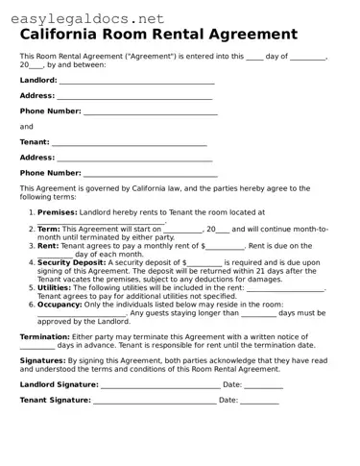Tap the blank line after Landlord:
[135, 81]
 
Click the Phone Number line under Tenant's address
[150, 173]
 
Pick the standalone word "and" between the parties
[26, 127]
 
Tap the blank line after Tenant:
[130, 142]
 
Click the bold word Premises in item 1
[57, 211]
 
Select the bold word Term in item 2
[48, 229]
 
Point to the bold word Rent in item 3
[48, 245]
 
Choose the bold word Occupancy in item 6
[58, 304]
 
